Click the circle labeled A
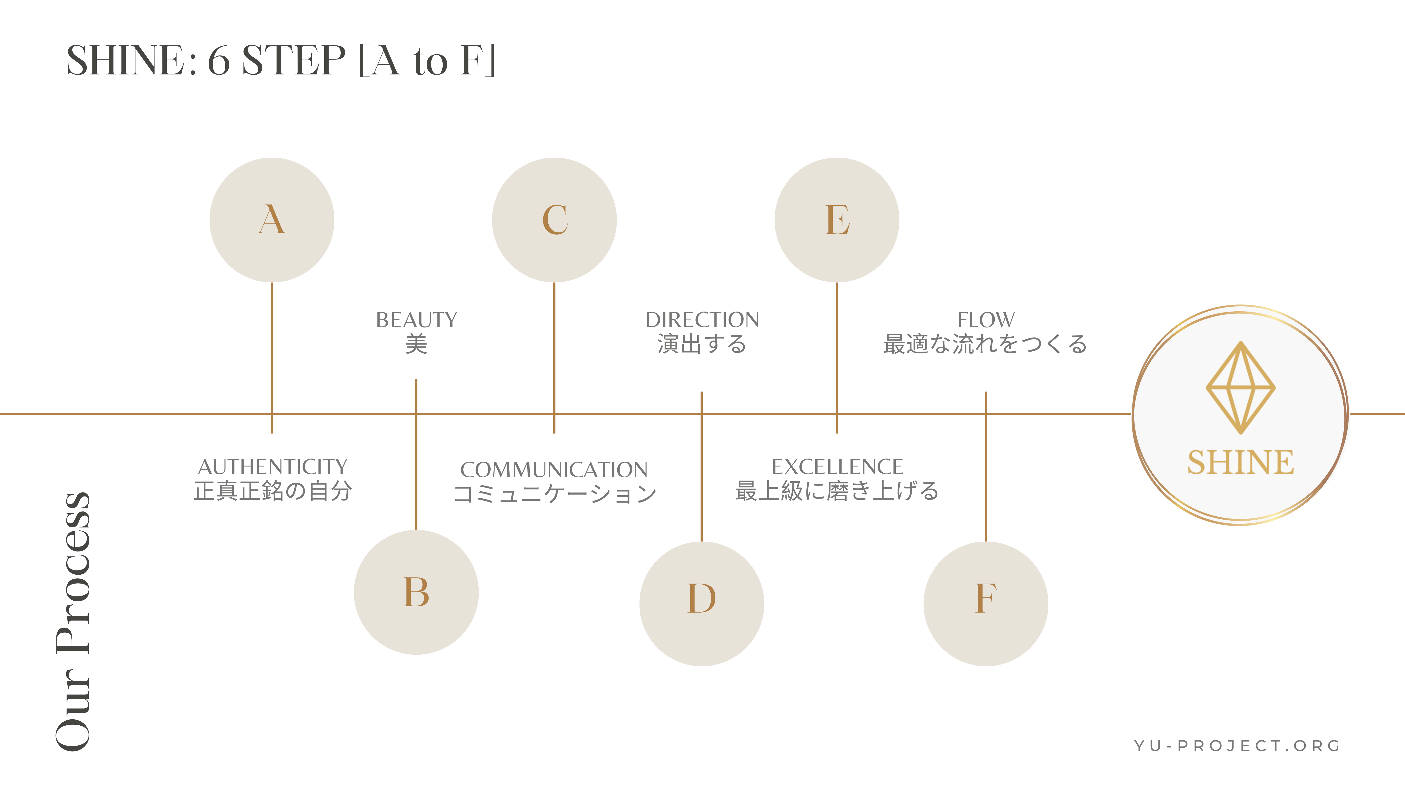click(x=272, y=220)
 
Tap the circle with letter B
click(x=416, y=592)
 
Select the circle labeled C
click(x=554, y=220)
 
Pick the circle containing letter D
click(x=701, y=603)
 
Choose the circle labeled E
click(x=837, y=220)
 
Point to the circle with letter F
click(x=986, y=603)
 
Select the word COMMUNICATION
click(x=554, y=469)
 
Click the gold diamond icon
click(x=1240, y=388)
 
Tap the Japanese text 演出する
click(x=702, y=344)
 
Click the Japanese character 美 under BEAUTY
click(x=416, y=344)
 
